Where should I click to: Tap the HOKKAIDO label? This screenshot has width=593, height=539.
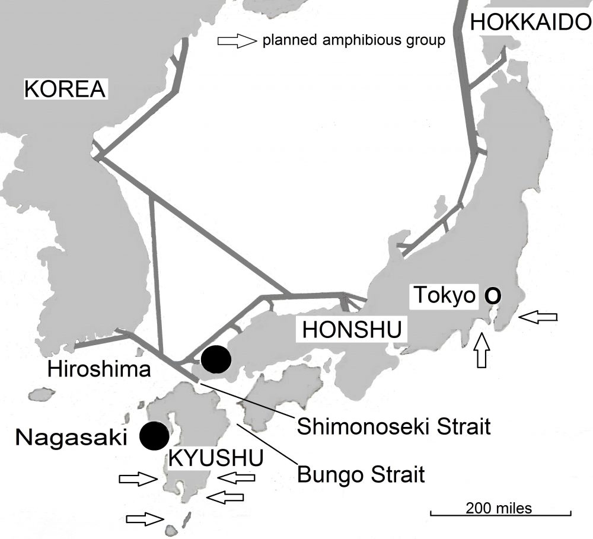pos(530,22)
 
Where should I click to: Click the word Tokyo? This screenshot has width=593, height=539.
pos(445,295)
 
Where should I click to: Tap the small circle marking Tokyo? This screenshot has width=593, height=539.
pos(492,295)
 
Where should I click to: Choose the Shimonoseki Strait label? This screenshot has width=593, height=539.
pos(394,426)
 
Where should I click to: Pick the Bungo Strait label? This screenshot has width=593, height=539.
pos(361,474)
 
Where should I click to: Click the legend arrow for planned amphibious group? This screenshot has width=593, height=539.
pos(235,41)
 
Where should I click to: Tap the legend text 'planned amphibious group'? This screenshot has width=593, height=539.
pos(353,42)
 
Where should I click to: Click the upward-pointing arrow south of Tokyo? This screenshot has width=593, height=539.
pos(483,352)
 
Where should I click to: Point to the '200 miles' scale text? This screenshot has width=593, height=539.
pos(498,508)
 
